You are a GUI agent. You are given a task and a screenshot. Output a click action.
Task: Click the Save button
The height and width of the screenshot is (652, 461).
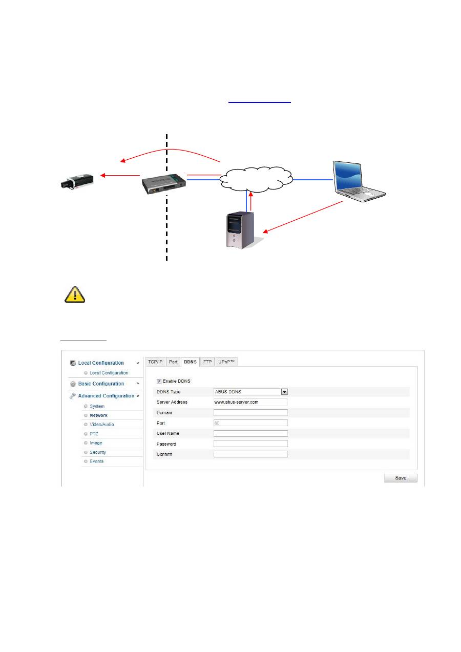click(401, 478)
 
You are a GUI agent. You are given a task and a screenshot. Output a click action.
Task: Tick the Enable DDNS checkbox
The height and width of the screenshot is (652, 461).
click(159, 381)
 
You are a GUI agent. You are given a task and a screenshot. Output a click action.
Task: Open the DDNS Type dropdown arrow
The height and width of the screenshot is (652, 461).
click(285, 392)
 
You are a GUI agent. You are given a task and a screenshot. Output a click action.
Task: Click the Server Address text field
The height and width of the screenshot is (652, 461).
click(250, 402)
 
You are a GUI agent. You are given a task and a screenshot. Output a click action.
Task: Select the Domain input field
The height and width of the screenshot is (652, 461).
click(250, 412)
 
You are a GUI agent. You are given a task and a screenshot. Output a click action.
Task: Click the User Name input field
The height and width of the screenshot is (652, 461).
click(250, 433)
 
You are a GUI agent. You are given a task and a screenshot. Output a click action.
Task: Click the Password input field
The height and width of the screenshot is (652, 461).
click(250, 444)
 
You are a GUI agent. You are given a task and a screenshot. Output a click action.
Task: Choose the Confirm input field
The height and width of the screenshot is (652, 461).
click(250, 454)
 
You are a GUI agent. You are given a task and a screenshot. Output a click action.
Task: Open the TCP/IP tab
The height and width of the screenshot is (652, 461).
click(155, 362)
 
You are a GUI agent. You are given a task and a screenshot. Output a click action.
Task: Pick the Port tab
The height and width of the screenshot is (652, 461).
click(173, 362)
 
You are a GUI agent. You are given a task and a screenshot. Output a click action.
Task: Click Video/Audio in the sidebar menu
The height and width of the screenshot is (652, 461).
click(101, 425)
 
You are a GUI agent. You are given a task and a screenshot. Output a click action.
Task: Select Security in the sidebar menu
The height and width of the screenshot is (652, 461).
click(97, 452)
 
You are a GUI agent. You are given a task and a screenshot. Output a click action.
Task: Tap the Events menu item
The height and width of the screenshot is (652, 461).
click(96, 461)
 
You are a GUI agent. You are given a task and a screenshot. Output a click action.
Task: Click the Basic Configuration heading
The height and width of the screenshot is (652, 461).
click(101, 384)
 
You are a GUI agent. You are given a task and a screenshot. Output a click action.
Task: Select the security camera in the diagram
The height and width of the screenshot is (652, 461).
click(76, 181)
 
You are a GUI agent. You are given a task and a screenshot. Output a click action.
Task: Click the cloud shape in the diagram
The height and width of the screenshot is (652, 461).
click(256, 177)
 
